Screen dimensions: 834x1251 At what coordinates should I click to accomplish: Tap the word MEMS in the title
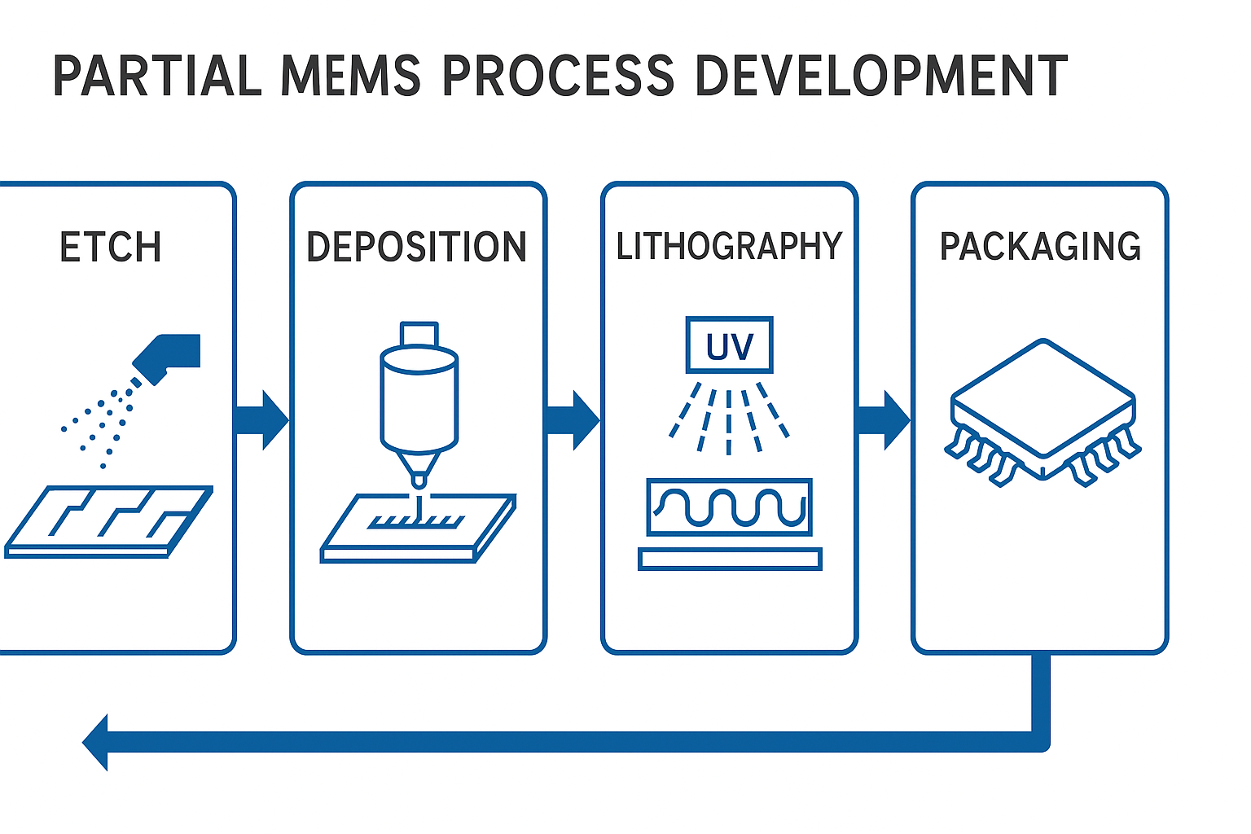350,77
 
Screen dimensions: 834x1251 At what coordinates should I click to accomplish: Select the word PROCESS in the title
558,77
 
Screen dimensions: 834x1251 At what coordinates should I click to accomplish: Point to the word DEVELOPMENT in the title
880,77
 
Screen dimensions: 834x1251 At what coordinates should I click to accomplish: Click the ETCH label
111,248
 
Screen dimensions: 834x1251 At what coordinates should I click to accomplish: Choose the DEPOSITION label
416,248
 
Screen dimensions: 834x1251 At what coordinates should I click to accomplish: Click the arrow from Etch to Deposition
262,420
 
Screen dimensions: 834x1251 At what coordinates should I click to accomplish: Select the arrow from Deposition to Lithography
573,420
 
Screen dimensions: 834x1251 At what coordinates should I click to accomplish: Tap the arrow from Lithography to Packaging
884,420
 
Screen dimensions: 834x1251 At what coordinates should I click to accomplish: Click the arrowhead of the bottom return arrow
97,742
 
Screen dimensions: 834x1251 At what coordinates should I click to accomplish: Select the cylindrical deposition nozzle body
419,399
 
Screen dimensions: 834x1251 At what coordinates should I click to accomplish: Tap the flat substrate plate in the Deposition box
418,529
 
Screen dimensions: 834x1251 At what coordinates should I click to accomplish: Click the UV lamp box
729,345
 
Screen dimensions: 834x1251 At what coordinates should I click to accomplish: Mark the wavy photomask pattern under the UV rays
729,507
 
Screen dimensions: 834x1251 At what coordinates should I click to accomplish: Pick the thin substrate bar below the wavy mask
730,559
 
